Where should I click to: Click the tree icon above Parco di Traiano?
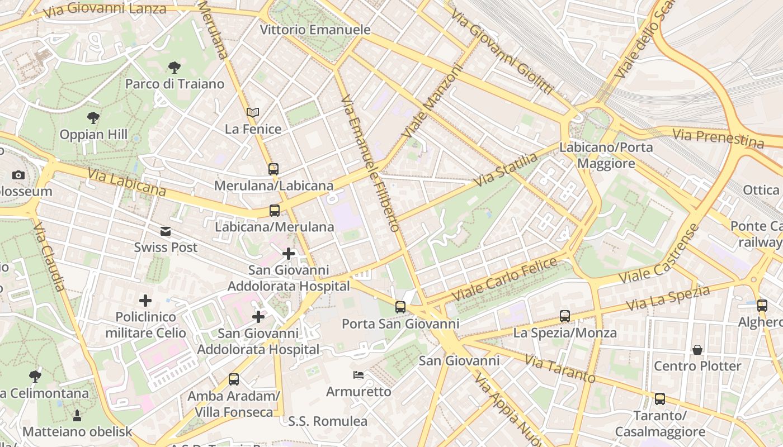(174, 68)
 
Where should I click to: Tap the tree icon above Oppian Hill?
(93, 118)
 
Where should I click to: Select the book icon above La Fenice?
(253, 112)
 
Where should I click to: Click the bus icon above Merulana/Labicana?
(273, 169)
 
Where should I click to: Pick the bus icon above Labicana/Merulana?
(274, 211)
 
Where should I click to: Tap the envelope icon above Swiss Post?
(166, 231)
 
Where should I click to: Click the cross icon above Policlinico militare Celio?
(145, 301)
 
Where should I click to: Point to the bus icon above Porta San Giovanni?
(400, 307)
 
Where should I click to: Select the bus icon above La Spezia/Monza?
(565, 316)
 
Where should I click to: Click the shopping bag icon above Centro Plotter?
(697, 350)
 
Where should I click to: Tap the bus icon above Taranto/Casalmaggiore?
(660, 399)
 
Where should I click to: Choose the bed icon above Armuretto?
(359, 374)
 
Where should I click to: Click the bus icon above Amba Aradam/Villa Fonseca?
(234, 379)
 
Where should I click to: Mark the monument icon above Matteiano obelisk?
(77, 415)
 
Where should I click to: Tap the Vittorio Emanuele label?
(315, 30)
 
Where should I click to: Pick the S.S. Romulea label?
(328, 421)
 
